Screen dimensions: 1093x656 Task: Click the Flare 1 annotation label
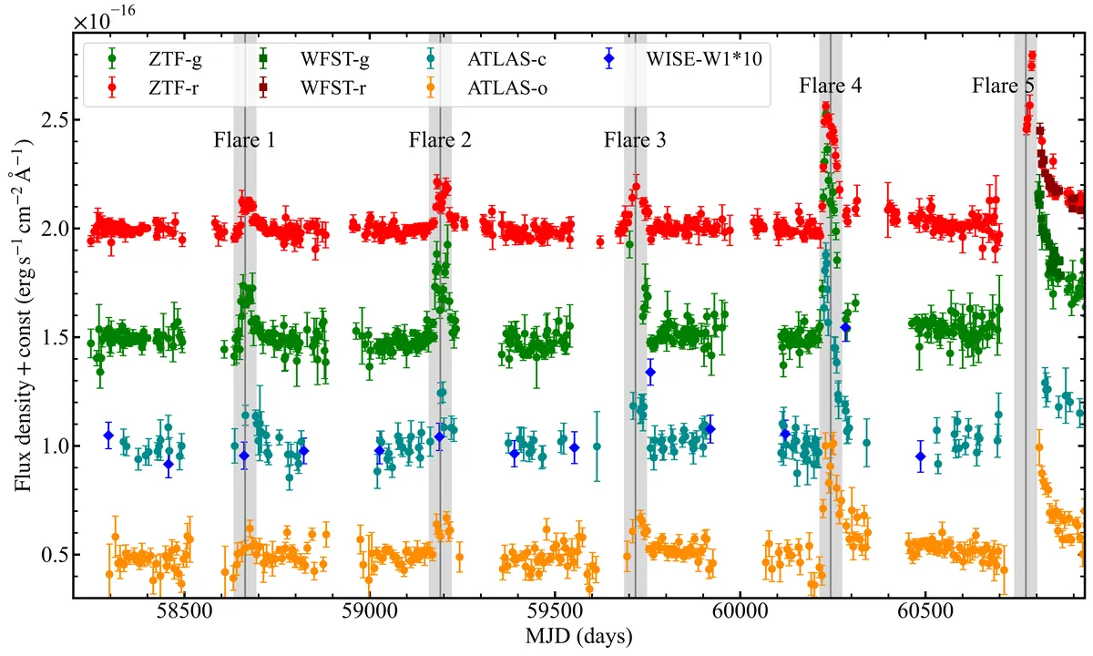coord(244,140)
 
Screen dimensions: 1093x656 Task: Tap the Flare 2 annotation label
coord(440,140)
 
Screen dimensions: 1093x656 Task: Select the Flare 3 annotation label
coord(635,140)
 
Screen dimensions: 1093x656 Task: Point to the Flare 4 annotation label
coord(830,86)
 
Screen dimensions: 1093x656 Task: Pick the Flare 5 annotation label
coord(1003,86)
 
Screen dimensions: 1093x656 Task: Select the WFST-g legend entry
coord(312,59)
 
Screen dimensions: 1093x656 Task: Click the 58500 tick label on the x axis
coord(184,611)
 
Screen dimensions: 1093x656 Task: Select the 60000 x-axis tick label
coord(740,611)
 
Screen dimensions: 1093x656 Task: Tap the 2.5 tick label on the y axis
coord(53,120)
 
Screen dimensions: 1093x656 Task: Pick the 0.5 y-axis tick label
coord(53,555)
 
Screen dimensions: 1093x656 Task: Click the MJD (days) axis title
coord(579,637)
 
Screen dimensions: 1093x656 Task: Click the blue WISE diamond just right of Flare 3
coord(650,372)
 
